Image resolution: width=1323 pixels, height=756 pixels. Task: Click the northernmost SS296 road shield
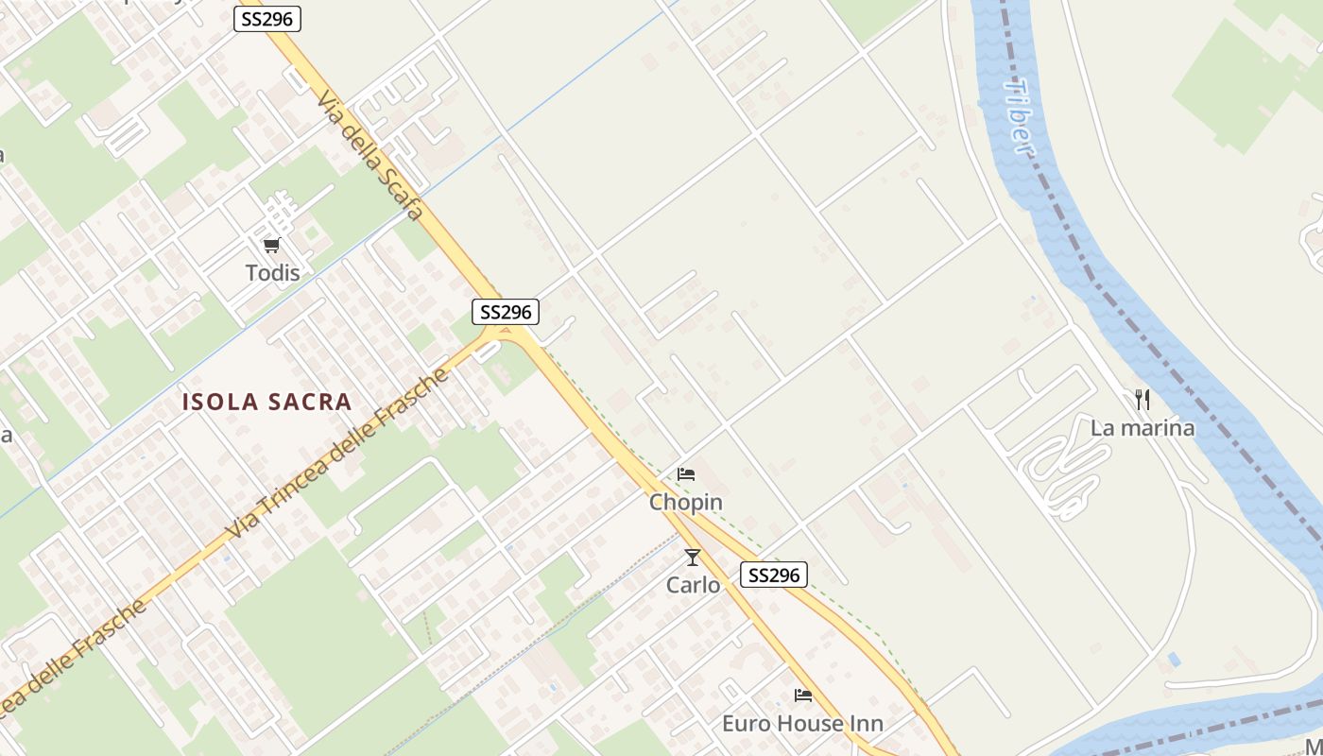click(267, 18)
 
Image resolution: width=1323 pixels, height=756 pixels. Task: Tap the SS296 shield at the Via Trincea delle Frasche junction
click(506, 312)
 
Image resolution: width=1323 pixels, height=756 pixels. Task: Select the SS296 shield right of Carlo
click(773, 575)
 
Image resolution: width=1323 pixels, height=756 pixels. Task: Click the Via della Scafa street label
click(369, 155)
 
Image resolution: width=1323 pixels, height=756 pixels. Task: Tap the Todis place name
click(272, 273)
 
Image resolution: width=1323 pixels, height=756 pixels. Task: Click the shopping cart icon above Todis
click(271, 246)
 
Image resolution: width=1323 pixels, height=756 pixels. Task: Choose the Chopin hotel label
click(685, 503)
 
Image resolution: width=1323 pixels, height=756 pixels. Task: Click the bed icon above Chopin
click(686, 473)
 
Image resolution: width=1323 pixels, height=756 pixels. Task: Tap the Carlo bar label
click(693, 586)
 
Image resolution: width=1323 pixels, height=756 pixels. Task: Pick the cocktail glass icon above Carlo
click(693, 558)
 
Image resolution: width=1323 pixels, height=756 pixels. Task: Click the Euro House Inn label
click(802, 724)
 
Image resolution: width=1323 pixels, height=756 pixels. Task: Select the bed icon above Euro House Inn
click(803, 696)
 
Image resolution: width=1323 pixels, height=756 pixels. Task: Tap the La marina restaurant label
click(1143, 428)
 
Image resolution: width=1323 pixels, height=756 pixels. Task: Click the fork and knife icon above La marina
click(1143, 400)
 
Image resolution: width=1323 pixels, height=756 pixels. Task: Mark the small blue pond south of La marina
click(1174, 659)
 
